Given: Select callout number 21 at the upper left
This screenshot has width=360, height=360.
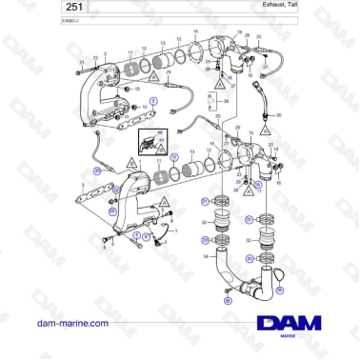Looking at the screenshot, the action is coord(83,61).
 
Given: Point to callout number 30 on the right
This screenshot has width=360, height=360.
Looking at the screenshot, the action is coord(279,114).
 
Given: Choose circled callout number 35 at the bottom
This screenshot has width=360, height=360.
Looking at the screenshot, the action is coord(228,301).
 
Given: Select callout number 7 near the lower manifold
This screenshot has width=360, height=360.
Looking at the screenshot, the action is coord(175,230).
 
